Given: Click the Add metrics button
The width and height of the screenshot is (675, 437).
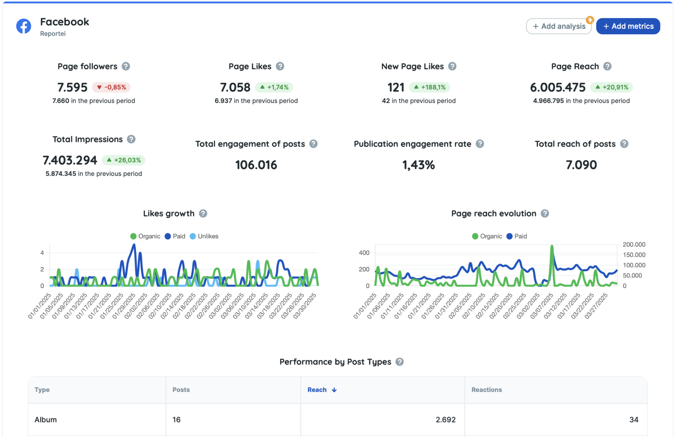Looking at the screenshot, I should [628, 26].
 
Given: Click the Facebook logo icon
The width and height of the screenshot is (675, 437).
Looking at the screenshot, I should [24, 26].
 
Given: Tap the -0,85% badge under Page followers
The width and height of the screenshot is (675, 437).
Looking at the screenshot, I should [111, 87].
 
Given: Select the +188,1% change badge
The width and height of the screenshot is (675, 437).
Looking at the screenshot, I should [429, 87].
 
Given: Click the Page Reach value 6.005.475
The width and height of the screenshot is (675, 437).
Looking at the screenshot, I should [558, 87].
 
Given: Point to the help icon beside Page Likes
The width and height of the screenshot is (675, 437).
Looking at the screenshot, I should [280, 66].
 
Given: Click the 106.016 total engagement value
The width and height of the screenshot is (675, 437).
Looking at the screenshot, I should [256, 165].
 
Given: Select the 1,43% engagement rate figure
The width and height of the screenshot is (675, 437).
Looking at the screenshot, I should [418, 165].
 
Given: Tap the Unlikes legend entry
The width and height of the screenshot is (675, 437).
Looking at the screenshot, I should [204, 236].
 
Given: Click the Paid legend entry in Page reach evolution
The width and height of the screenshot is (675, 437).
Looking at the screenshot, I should [517, 236].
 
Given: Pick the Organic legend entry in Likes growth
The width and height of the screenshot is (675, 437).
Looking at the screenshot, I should [145, 236].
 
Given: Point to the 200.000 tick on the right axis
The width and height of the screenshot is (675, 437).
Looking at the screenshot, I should [634, 245].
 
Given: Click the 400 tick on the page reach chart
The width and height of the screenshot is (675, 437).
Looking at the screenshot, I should [364, 253].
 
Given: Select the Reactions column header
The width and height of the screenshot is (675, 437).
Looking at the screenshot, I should [486, 390].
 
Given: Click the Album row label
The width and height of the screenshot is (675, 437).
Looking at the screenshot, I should [45, 420].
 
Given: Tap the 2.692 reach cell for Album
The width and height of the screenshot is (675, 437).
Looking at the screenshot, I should [445, 420].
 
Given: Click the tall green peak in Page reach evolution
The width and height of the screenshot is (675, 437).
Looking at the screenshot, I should [552, 247].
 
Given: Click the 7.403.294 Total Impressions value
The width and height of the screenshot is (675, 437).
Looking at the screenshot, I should [70, 160].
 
